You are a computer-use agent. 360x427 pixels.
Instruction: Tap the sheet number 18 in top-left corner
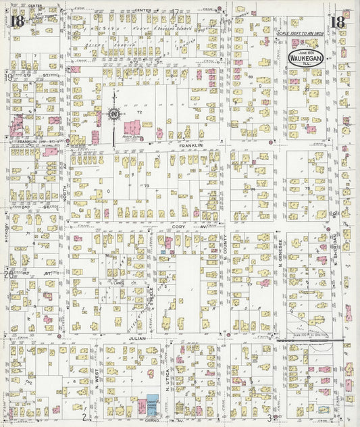[x=16, y=20]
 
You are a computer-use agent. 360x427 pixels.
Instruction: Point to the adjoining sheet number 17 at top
[x=174, y=11]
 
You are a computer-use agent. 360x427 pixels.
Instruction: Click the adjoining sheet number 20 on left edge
[x=7, y=274]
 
